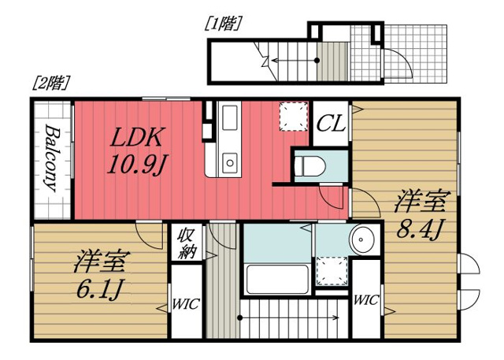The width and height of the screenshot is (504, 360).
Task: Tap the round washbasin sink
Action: (x=362, y=238)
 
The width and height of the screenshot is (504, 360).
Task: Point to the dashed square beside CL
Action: (x=293, y=117)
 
